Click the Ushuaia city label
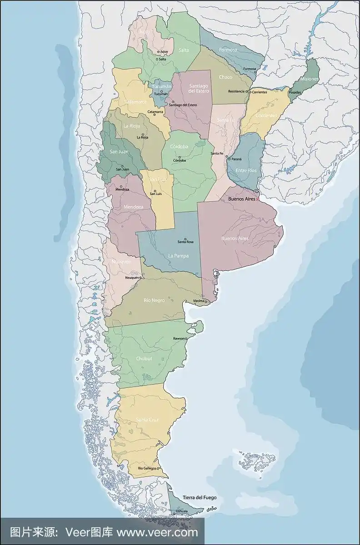point(181,511)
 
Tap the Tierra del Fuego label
point(200,498)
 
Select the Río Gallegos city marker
point(159,468)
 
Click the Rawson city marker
point(186,338)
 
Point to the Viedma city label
point(199,301)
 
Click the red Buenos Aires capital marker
point(258,199)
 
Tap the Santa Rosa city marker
point(185,239)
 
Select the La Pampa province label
point(178,256)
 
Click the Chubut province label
point(144,359)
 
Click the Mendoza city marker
point(116,186)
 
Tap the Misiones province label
point(309,79)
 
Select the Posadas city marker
point(290,89)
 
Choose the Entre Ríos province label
point(246,170)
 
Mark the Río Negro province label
point(154,300)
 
